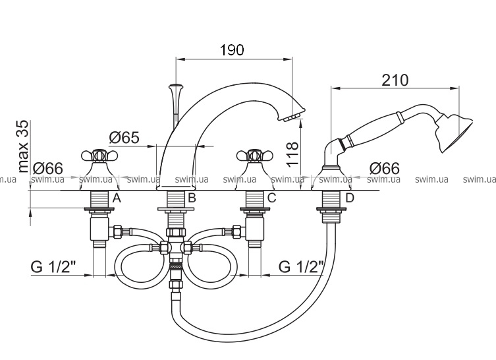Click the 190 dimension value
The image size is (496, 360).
pyautogui.click(x=232, y=49)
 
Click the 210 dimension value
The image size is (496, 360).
pyautogui.click(x=395, y=80)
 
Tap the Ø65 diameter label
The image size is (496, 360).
pyautogui.click(x=124, y=137)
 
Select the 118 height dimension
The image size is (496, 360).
pyautogui.click(x=293, y=154)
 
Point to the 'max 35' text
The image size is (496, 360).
pyautogui.click(x=23, y=146)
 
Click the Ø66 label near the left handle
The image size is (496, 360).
pyautogui.click(x=48, y=168)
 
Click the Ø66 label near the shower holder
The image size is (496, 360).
pyautogui.click(x=384, y=168)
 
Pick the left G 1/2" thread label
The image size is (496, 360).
pyautogui.click(x=53, y=267)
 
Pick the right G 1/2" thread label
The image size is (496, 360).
pyautogui.click(x=302, y=267)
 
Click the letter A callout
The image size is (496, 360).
pyautogui.click(x=117, y=198)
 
